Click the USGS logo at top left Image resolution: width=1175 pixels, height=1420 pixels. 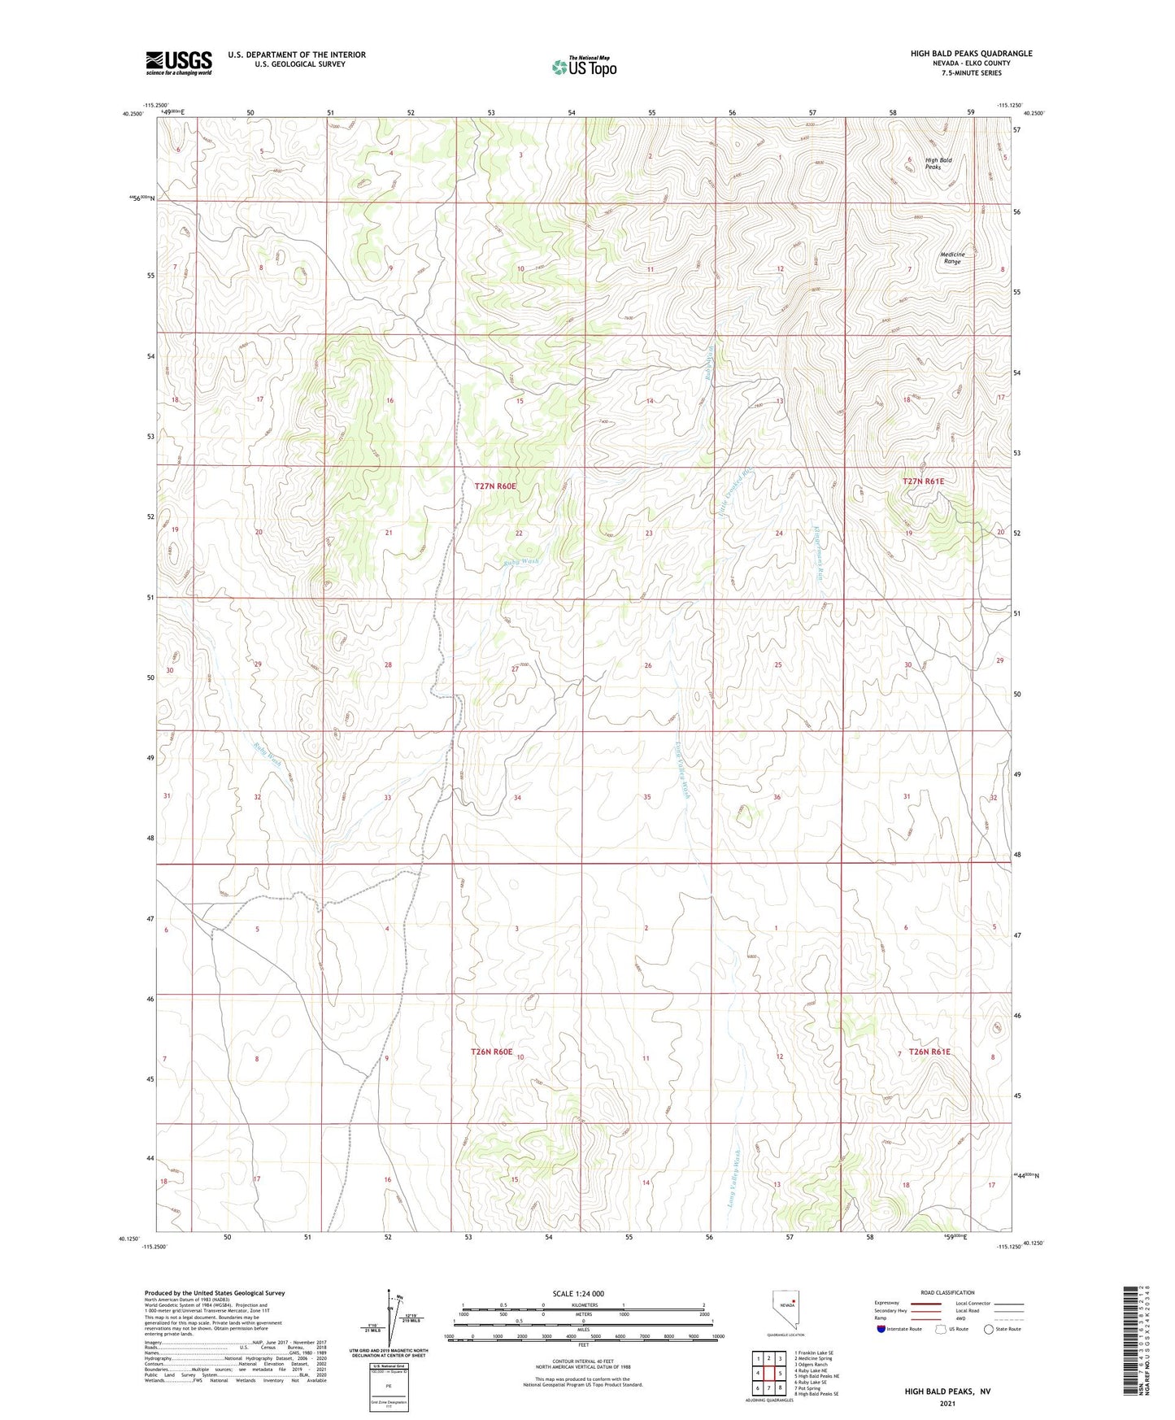point(179,63)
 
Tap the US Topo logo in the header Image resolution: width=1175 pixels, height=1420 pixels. point(583,67)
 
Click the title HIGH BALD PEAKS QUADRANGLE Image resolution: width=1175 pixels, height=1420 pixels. point(971,54)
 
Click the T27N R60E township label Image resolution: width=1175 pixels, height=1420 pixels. point(495,486)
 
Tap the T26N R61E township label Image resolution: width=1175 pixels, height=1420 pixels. point(929,1052)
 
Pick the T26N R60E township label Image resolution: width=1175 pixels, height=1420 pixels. point(492,1052)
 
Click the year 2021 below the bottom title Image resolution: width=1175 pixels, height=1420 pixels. point(947,1403)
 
